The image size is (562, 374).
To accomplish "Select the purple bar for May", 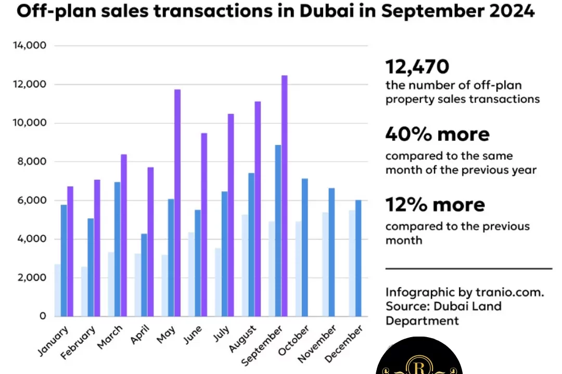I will [x=177, y=203].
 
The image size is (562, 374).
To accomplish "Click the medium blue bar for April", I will [x=144, y=275].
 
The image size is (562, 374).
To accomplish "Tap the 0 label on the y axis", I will [x=43, y=316].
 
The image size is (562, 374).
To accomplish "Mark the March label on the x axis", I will [x=110, y=339].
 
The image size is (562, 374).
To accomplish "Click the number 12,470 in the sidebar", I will [x=417, y=66].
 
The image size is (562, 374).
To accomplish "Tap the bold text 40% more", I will [x=437, y=135].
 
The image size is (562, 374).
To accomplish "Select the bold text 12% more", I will [x=435, y=205].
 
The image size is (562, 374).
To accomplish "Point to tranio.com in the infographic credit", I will [x=509, y=292].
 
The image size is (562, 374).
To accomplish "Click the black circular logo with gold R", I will [x=419, y=358].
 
